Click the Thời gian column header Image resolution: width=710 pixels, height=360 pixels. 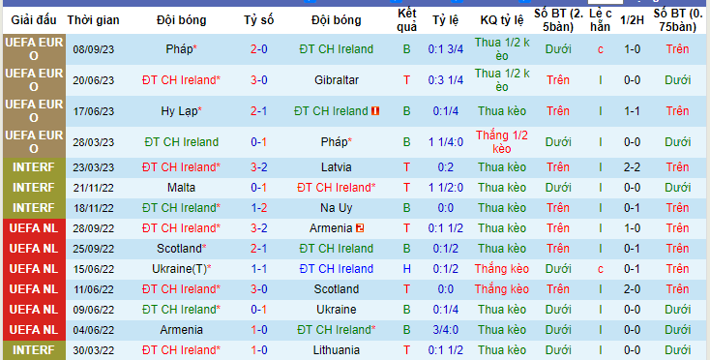click(x=93, y=20)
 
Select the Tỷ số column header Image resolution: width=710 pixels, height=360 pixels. click(x=258, y=20)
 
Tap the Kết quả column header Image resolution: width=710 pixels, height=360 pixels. click(x=406, y=20)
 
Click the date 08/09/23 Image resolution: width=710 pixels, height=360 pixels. click(x=93, y=49)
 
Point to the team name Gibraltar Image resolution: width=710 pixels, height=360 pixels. click(x=337, y=80)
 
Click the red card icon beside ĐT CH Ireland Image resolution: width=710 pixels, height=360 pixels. click(x=375, y=111)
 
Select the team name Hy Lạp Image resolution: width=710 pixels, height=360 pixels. click(x=179, y=111)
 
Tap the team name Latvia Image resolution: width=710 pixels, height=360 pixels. click(x=336, y=167)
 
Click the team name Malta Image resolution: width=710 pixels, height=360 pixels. click(x=181, y=188)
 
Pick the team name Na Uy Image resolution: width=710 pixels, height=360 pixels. click(x=337, y=208)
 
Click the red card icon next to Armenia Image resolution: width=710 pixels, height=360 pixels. click(x=360, y=228)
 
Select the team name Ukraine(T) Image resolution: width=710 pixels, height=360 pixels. click(x=179, y=269)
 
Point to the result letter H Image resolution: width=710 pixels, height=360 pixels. click(x=406, y=269)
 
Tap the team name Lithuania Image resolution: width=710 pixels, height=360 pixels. click(x=337, y=350)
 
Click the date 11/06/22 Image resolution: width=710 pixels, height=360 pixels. click(x=93, y=289)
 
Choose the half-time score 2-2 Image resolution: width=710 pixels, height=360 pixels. click(x=632, y=167)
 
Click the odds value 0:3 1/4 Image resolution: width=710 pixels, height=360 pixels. click(x=446, y=80)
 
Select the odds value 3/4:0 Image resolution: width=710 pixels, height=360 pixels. click(x=446, y=330)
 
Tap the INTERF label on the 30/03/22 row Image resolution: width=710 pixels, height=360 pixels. click(x=34, y=350)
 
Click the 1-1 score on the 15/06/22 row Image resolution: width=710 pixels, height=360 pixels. click(x=258, y=269)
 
